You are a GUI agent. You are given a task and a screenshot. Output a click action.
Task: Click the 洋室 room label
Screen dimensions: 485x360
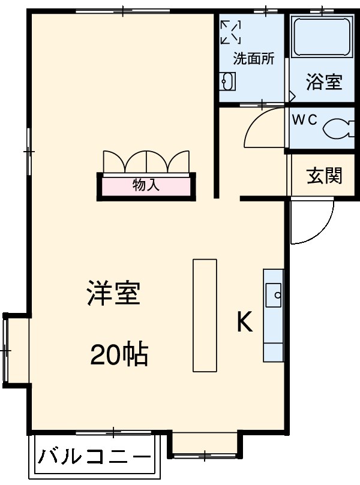[x=113, y=294]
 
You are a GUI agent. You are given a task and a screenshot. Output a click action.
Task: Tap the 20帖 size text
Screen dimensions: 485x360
[x=119, y=356]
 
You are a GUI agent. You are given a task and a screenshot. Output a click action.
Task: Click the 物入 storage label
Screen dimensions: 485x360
[x=146, y=185]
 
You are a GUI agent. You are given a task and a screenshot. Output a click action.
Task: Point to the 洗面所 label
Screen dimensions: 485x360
[x=253, y=59]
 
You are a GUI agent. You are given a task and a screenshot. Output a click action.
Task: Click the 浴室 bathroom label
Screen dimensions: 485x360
[x=324, y=82]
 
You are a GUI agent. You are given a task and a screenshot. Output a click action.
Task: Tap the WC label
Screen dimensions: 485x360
[x=304, y=119]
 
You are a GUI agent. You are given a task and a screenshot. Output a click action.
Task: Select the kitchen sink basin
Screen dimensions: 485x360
[x=274, y=294]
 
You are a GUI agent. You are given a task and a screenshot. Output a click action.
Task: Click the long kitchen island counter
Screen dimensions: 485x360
[x=204, y=315]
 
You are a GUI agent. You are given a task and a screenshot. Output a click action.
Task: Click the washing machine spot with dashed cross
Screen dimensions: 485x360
[x=230, y=31]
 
